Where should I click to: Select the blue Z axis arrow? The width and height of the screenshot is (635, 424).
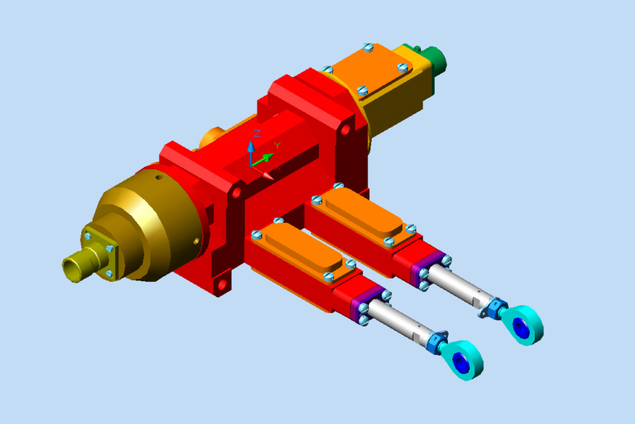[x=250, y=151]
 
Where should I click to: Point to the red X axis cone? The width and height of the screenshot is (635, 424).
[x=266, y=174]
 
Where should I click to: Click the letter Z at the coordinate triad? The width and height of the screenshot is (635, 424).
[x=258, y=134]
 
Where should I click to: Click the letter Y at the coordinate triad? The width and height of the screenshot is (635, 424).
[x=277, y=146]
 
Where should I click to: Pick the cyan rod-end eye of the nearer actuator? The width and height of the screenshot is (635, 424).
[x=467, y=359]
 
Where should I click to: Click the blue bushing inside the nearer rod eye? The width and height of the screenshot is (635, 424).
[x=460, y=363]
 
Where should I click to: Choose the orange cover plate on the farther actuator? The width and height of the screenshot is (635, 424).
[x=360, y=215]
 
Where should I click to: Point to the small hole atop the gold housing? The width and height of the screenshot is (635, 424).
[x=159, y=179]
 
